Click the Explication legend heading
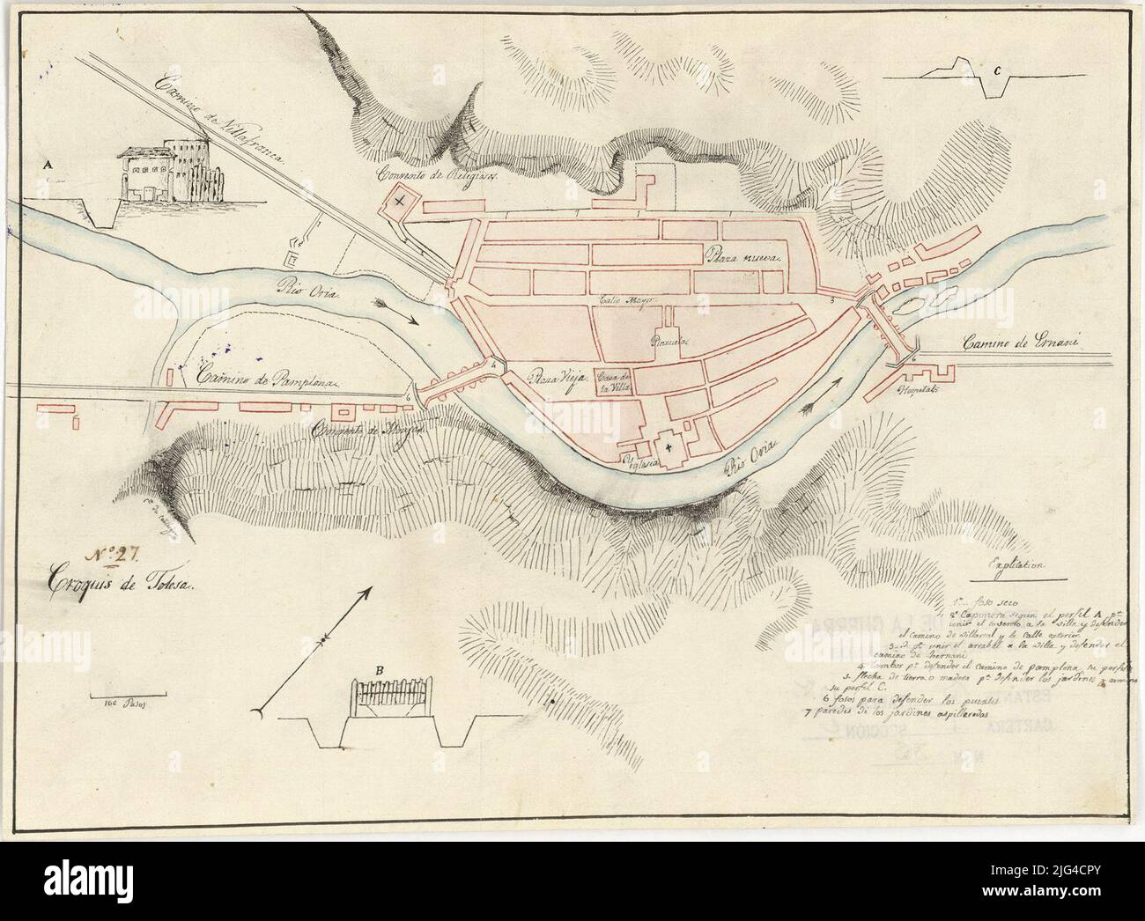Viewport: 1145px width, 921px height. pos(1016,568)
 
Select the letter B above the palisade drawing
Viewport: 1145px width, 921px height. pos(380,671)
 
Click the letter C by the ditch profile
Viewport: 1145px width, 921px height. pos(995,71)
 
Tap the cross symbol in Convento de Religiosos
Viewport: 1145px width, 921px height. pos(401,203)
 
